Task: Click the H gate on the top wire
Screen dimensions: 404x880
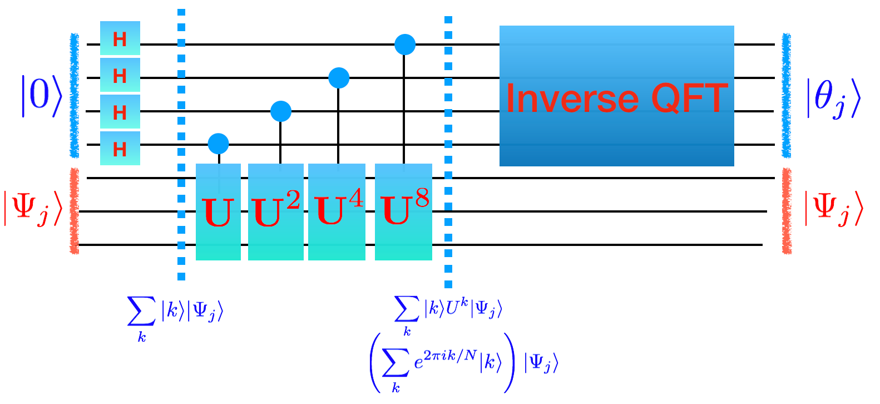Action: (120, 38)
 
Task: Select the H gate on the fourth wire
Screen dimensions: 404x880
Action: (120, 149)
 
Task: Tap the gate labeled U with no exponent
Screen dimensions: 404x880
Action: (218, 212)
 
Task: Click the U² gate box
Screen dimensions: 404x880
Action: (276, 212)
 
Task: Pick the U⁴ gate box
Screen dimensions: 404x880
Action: (337, 212)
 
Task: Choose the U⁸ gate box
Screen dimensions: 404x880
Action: (403, 212)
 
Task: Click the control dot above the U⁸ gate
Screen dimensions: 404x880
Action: (405, 44)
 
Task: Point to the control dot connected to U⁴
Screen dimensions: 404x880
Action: (339, 78)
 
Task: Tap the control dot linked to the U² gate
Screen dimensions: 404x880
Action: (281, 111)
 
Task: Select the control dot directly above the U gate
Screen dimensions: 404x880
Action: (218, 144)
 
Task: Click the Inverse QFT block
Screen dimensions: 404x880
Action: (616, 96)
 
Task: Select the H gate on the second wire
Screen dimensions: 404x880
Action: (120, 75)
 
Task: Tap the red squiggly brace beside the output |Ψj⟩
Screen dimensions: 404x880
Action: (787, 211)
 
